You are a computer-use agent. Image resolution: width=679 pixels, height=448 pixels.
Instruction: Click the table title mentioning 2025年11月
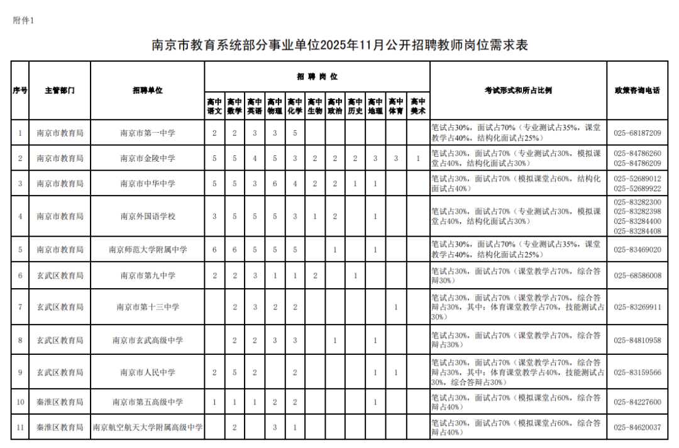pyautogui.click(x=339, y=45)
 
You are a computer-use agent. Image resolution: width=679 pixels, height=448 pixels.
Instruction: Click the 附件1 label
pyautogui.click(x=23, y=20)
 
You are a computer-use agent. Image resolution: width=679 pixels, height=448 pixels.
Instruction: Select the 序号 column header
pyautogui.click(x=20, y=91)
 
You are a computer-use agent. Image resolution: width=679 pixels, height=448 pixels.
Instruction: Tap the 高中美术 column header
pyautogui.click(x=417, y=106)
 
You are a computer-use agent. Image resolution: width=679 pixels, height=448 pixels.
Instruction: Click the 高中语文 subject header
pyautogui.click(x=214, y=106)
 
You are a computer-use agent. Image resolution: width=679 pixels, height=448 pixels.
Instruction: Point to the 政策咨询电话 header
pyautogui.click(x=637, y=91)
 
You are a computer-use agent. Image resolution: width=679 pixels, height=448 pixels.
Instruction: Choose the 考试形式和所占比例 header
pyautogui.click(x=518, y=91)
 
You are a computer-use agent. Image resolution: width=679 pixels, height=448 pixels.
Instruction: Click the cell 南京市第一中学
pyautogui.click(x=148, y=133)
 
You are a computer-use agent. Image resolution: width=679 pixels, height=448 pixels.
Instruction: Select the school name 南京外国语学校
pyautogui.click(x=148, y=216)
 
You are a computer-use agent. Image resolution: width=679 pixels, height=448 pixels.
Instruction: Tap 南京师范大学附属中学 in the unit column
pyautogui.click(x=148, y=250)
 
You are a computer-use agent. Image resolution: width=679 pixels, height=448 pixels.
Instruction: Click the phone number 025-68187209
pyautogui.click(x=637, y=133)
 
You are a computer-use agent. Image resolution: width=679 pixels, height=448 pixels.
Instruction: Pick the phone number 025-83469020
pyautogui.click(x=637, y=250)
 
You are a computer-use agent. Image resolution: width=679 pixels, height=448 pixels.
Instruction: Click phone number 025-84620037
pyautogui.click(x=637, y=428)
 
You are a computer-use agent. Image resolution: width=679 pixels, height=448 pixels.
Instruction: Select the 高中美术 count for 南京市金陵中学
pyautogui.click(x=417, y=159)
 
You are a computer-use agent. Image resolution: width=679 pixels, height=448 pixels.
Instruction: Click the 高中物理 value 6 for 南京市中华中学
pyautogui.click(x=275, y=184)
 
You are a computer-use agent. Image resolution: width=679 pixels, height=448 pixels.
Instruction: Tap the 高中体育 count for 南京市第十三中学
pyautogui.click(x=395, y=307)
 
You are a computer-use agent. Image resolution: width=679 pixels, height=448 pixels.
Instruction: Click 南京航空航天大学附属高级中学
pyautogui.click(x=148, y=428)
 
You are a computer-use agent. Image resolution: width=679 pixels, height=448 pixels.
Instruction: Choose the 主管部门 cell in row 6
pyautogui.click(x=60, y=276)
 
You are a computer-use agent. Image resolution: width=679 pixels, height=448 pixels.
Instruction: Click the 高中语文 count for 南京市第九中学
pyautogui.click(x=214, y=276)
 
